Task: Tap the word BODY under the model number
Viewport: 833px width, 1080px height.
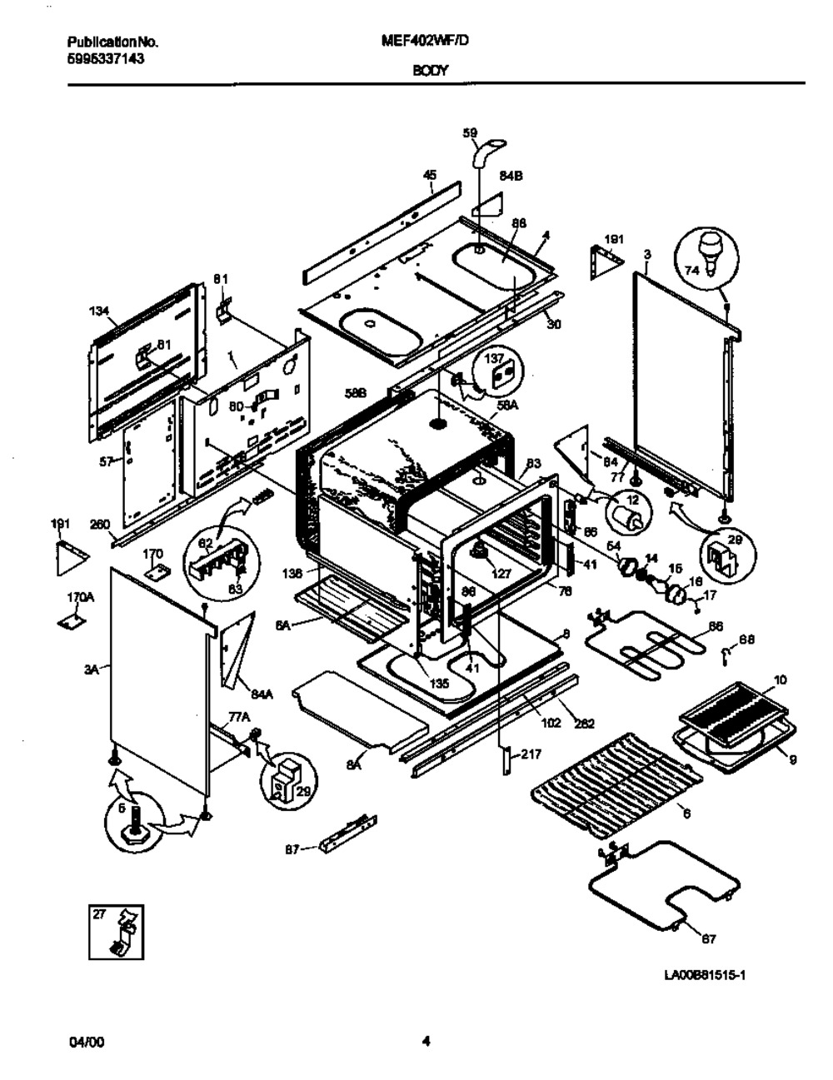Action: [430, 71]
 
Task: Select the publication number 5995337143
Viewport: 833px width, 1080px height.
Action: [104, 58]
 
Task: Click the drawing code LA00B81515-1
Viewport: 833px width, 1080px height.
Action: [703, 975]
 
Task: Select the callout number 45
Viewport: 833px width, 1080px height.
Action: [430, 175]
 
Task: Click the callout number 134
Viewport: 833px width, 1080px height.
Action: [99, 311]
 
